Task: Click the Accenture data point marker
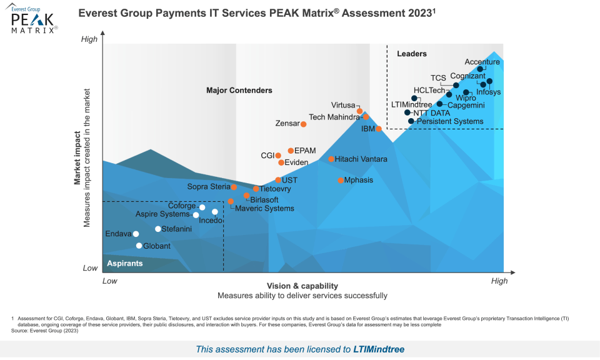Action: pos(480,69)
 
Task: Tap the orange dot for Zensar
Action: pos(304,124)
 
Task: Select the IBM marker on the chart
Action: pos(379,129)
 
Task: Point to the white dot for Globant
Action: pos(139,246)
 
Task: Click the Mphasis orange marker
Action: pos(341,180)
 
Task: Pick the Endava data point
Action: pos(136,234)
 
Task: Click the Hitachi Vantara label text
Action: pos(361,159)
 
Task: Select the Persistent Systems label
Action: pos(450,121)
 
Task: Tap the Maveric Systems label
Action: pos(264,208)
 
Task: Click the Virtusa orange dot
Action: pos(359,111)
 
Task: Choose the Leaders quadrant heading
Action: pos(412,54)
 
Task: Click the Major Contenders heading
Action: pos(239,91)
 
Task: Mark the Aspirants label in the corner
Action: pos(124,263)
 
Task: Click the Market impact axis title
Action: pos(78,157)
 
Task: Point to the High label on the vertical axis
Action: pos(90,39)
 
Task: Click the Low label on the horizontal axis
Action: pos(110,281)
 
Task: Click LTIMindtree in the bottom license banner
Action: pos(379,349)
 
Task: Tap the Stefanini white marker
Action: pos(158,229)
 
